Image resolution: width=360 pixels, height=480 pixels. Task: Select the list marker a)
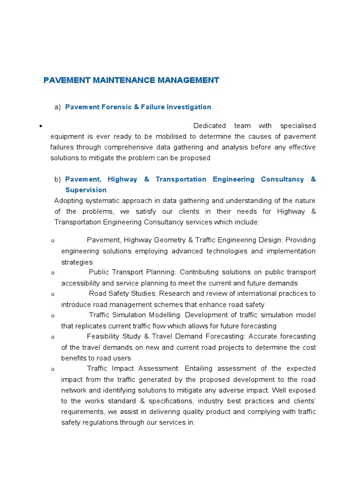pyautogui.click(x=58, y=107)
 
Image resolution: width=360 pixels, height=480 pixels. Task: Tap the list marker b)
pyautogui.click(x=58, y=179)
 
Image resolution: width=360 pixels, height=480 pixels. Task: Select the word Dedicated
pyautogui.click(x=210, y=126)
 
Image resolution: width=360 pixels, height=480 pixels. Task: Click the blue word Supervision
pyautogui.click(x=86, y=190)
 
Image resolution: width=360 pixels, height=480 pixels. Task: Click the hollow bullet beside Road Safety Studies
pyautogui.click(x=53, y=294)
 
